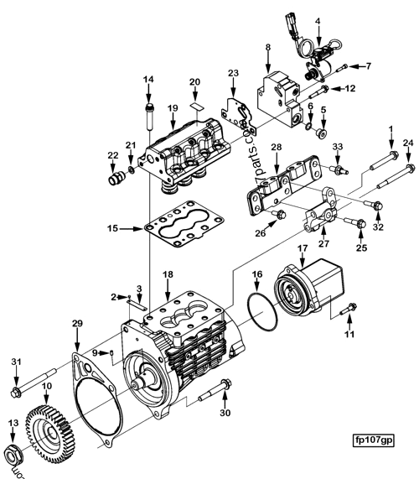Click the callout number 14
148,80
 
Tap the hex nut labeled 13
14,456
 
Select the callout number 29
77,324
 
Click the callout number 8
266,49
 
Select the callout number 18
168,275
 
